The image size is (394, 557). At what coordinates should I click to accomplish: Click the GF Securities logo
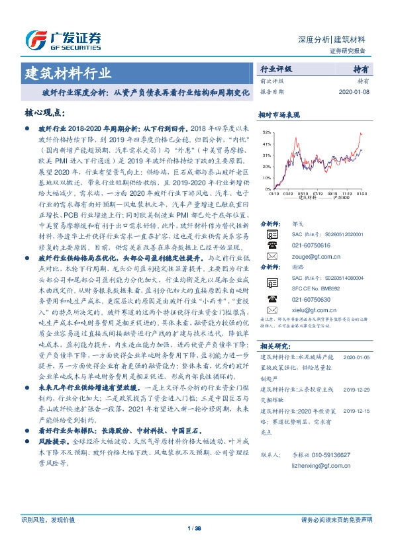coord(62,40)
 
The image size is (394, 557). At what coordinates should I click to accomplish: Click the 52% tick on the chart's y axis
coord(266,132)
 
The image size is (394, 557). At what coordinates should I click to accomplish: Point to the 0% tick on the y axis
coord(268,190)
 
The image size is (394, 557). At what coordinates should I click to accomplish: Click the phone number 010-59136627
coord(324,455)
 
